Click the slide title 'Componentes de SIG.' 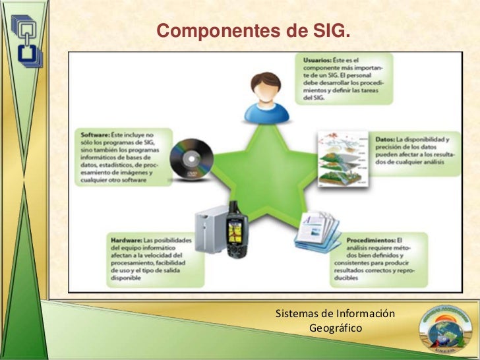[253, 31]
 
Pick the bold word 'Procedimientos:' [369, 239]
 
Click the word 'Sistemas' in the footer [295, 312]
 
